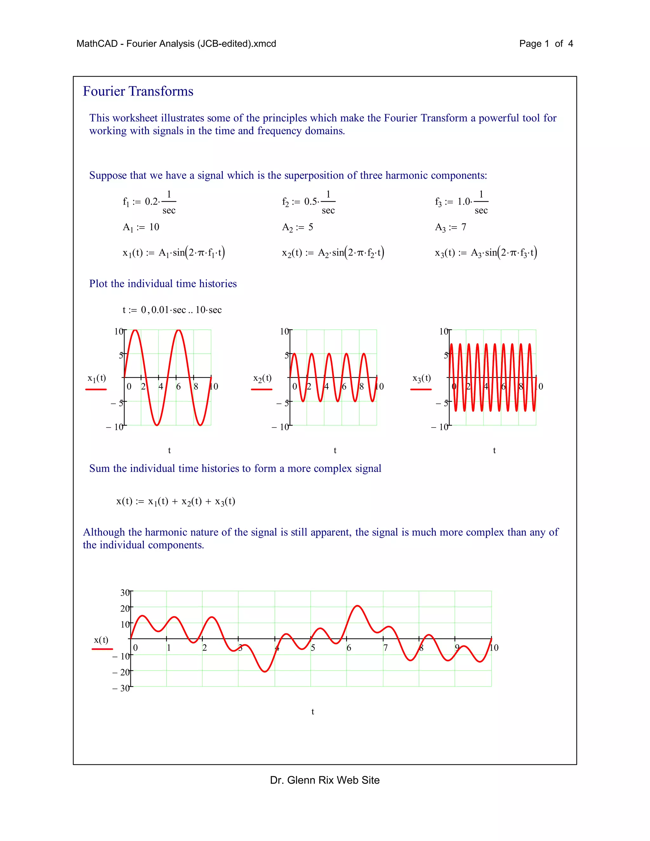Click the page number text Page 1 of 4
pyautogui.click(x=546, y=43)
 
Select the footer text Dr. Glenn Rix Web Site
pyautogui.click(x=325, y=780)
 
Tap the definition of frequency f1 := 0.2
pyautogui.click(x=149, y=202)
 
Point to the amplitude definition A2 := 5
pyautogui.click(x=297, y=227)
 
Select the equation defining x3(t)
pyautogui.click(x=486, y=253)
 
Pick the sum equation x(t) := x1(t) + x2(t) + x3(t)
pyautogui.click(x=176, y=501)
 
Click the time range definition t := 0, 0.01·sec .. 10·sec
pyautogui.click(x=172, y=310)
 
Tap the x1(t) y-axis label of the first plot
pyautogui.click(x=96, y=378)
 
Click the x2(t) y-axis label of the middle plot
pyautogui.click(x=262, y=378)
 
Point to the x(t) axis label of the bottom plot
pyautogui.click(x=101, y=640)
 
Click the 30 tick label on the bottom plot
pyautogui.click(x=125, y=593)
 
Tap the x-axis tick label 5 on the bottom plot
pyautogui.click(x=313, y=648)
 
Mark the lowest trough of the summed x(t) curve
pyautogui.click(x=265, y=672)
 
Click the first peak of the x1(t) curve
pyautogui.click(x=135, y=330)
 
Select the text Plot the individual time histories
pyautogui.click(x=163, y=284)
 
